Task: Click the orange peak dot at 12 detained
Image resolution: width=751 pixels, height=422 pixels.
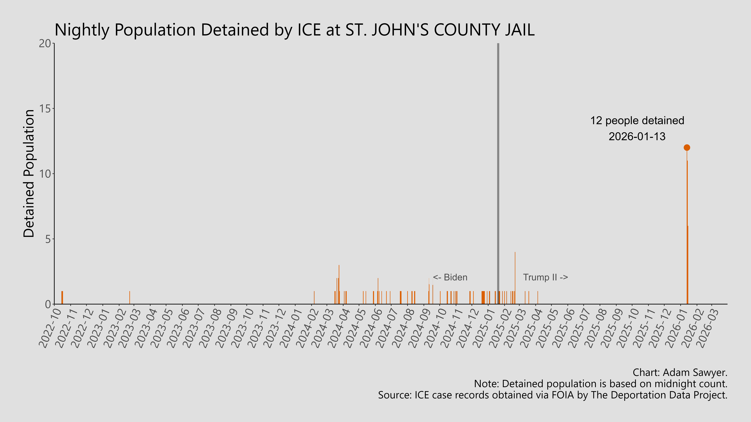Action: pyautogui.click(x=687, y=148)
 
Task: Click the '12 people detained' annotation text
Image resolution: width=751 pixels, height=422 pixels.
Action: pyautogui.click(x=637, y=121)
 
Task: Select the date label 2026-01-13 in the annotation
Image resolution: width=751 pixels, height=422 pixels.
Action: pyautogui.click(x=637, y=136)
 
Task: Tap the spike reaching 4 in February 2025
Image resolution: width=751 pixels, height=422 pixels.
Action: pyautogui.click(x=515, y=277)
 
